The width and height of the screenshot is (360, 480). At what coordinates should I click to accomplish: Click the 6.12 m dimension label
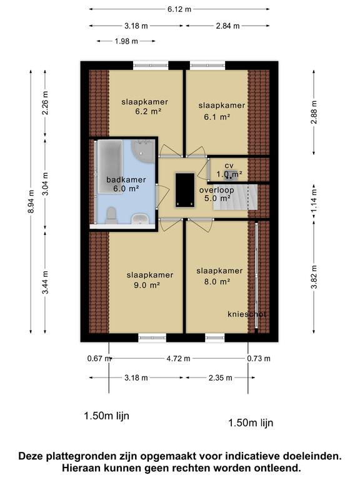pos(179,9)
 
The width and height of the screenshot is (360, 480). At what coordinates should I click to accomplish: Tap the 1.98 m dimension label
pos(126,41)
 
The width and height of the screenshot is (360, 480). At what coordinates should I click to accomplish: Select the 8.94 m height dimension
pos(31,201)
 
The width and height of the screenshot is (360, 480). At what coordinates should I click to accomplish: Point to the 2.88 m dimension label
pos(314,112)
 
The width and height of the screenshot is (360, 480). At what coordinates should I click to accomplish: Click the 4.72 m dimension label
pos(179,359)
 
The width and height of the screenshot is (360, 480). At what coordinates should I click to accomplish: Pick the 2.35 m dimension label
pos(221,377)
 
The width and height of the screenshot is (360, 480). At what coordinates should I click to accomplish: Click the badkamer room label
pos(126,180)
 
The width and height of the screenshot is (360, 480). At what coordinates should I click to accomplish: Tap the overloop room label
pos(217,190)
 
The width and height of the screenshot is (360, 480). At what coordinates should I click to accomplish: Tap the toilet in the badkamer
pos(111,216)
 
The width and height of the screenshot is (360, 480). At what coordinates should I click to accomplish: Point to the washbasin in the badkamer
pos(140,219)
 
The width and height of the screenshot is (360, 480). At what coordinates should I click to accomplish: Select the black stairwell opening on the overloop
pos(185,190)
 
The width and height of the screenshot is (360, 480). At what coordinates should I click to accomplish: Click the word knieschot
pos(247,314)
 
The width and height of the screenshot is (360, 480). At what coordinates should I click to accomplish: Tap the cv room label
pos(229,166)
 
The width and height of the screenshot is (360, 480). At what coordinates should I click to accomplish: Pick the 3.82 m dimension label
pos(314,277)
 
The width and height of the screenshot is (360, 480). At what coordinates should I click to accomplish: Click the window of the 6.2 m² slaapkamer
pos(151,65)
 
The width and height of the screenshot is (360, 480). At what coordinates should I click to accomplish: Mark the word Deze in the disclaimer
pos(31,456)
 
